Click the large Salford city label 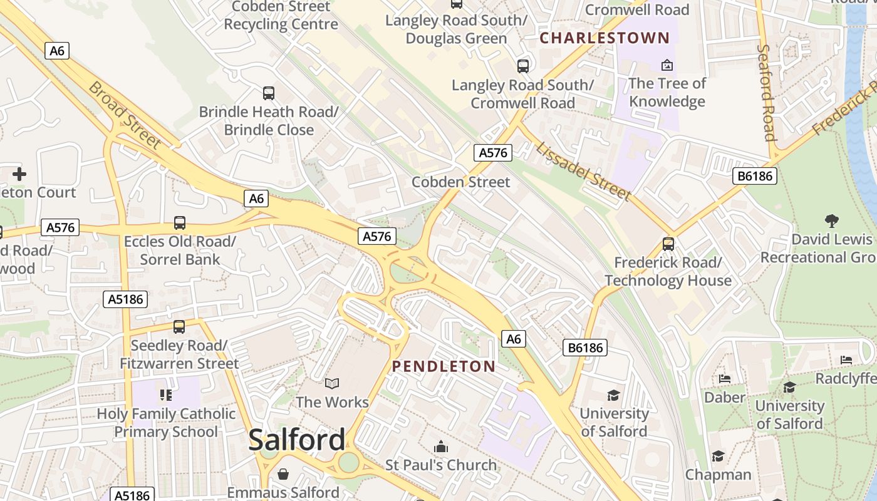coord(296,440)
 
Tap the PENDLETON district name coord(444,366)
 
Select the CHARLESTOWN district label coord(605,38)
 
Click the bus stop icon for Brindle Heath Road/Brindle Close coord(269,93)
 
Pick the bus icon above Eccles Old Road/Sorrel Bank coord(180,223)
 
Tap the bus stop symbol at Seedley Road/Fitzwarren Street coord(179,327)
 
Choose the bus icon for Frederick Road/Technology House coord(668,244)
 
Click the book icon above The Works coord(332,383)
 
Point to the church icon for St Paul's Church coord(441,447)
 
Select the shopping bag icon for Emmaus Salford coord(283,474)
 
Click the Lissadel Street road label coord(583,171)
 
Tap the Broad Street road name coord(125,115)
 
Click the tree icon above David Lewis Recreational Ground coord(831,220)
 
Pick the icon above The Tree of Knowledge coord(667,65)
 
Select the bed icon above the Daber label coord(725,379)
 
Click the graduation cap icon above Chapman coord(718,456)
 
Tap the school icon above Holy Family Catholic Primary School coord(166,395)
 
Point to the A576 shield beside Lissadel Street coord(492,152)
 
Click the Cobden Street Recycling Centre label coord(281,16)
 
